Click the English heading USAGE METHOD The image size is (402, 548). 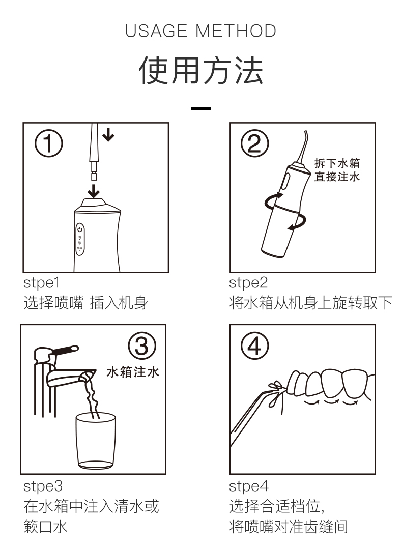tap(200, 31)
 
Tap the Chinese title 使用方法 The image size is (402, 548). tap(201, 71)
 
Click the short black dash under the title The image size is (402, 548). tap(201, 108)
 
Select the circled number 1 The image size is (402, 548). tap(48, 143)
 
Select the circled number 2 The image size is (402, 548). tap(254, 143)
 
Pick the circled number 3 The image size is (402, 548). tap(142, 345)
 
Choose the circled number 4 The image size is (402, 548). tap(254, 345)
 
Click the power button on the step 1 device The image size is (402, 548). tap(80, 229)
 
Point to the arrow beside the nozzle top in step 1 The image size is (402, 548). tap(108, 134)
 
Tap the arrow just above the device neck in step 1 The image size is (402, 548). tap(93, 191)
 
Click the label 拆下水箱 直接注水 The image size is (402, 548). tap(337, 170)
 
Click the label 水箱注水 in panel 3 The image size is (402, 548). tap(133, 372)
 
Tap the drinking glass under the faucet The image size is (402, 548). tap(96, 441)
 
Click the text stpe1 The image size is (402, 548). tap(42, 283)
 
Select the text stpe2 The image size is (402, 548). tap(248, 283)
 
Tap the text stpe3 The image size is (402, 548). tap(43, 486)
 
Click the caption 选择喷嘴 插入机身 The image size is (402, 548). tap(85, 303)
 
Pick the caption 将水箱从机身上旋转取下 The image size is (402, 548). tap(311, 303)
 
